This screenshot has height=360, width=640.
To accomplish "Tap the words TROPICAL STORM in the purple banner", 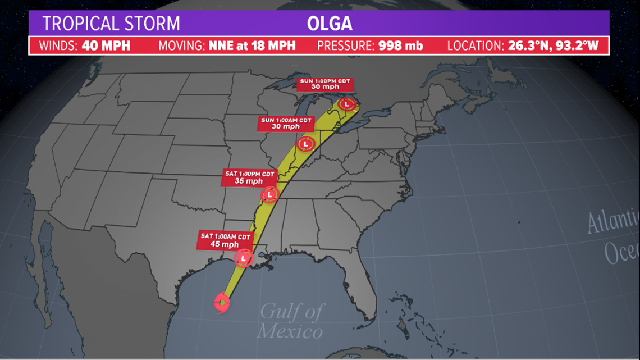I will tap(111, 24).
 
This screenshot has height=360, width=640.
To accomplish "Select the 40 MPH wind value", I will tap(106, 45).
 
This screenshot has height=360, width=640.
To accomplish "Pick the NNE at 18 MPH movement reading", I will tap(251, 45).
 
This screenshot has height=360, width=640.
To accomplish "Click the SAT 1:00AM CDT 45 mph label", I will tap(224, 240).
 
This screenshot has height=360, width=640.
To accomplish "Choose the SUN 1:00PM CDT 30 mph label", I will tap(324, 85).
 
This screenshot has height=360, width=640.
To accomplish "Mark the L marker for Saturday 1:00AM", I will tap(243, 258).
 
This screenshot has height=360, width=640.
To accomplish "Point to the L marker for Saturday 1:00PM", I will tap(270, 194).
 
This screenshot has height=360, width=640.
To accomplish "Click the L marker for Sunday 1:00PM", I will tap(348, 104).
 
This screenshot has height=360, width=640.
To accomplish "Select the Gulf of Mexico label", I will tap(290, 320).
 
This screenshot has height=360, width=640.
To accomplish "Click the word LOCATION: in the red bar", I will tap(473, 45).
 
